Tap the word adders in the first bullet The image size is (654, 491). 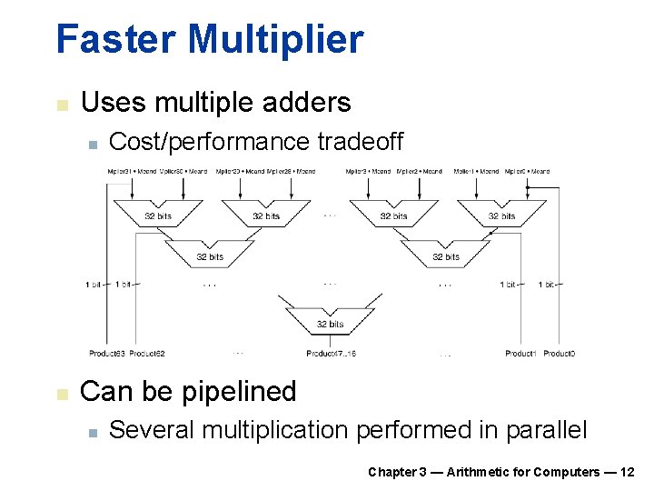tap(306, 102)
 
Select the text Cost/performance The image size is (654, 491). tap(209, 142)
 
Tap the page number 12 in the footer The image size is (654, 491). tap(627, 471)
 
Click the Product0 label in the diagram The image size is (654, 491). tap(559, 353)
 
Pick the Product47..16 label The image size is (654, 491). tap(331, 353)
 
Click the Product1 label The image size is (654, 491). tap(520, 353)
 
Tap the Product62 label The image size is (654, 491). tap(147, 353)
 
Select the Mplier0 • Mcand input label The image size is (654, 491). tap(528, 171)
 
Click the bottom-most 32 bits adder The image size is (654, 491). tap(330, 322)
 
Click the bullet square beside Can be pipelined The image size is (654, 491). tap(62, 394)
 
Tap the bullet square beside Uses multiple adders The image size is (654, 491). tap(62, 105)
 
